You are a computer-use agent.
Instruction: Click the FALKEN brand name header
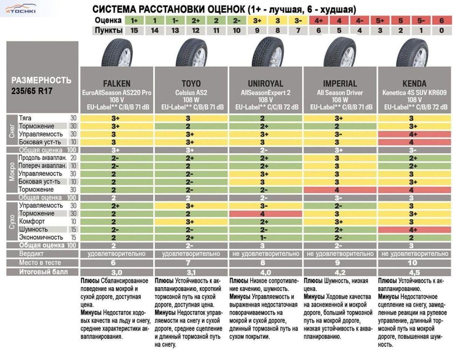(116, 84)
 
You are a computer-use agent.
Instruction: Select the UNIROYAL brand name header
(265, 84)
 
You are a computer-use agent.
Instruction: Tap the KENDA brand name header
(415, 84)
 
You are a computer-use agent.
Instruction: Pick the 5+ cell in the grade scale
(381, 21)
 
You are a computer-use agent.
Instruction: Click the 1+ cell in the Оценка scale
(135, 21)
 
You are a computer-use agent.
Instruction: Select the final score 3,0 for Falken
(116, 272)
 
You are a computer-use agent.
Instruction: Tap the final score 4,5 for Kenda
(415, 272)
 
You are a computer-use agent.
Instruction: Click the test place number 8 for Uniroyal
(265, 262)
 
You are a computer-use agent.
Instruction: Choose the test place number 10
(415, 262)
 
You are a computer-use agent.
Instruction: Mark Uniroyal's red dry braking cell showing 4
(265, 214)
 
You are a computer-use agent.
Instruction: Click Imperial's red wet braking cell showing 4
(340, 190)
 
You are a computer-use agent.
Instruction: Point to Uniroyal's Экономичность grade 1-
(265, 237)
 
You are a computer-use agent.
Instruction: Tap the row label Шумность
(32, 229)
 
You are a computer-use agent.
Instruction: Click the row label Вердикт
(32, 254)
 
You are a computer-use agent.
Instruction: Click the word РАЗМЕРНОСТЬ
(41, 80)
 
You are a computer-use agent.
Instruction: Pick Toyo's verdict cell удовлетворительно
(191, 254)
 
